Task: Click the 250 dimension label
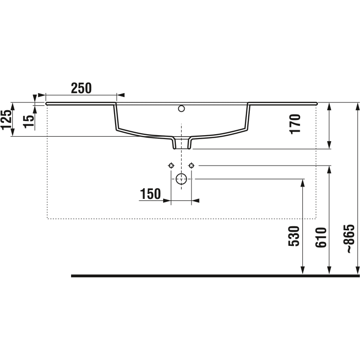81,88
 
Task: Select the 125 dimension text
6,120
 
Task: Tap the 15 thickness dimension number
29,121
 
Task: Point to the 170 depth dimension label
295,124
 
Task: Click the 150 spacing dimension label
150,194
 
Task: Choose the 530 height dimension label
294,236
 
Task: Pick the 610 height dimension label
321,238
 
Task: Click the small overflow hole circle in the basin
181,108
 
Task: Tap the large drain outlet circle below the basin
181,179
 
